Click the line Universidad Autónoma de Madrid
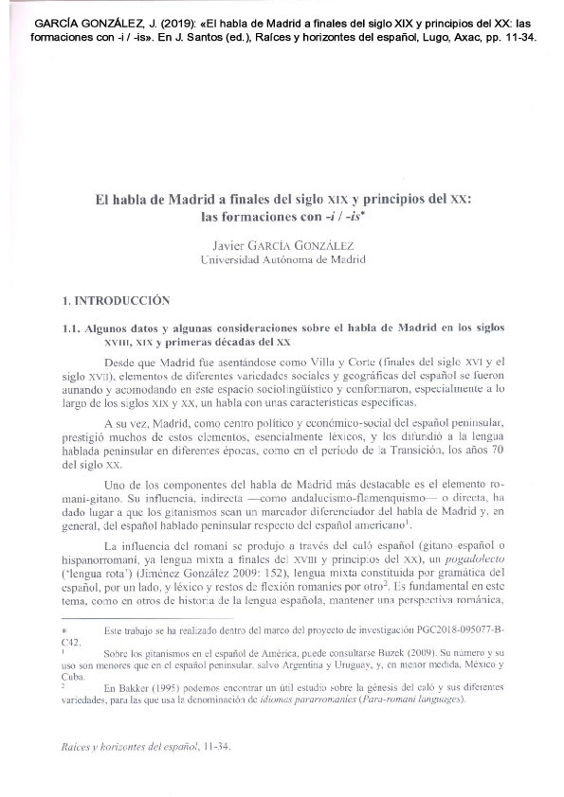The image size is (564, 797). [x=283, y=258]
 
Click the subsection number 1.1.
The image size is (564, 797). [x=71, y=327]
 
